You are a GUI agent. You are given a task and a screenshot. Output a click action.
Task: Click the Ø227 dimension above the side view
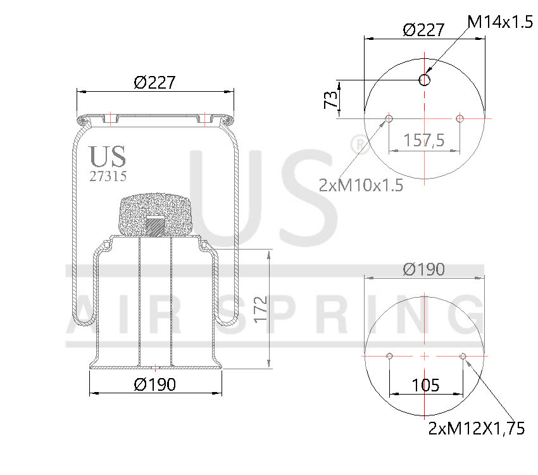click(154, 82)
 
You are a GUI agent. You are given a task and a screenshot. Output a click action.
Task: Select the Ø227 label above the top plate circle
click(423, 29)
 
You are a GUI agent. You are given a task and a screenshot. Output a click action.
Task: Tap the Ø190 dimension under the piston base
click(155, 384)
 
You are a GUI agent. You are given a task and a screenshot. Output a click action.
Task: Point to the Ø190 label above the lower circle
click(424, 269)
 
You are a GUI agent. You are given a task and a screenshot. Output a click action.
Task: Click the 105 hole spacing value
click(425, 385)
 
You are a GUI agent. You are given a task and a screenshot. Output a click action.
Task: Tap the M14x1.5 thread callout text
click(500, 22)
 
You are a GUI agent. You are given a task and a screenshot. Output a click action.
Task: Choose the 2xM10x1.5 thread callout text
click(361, 185)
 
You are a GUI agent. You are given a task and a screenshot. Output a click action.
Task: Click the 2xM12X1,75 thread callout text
click(477, 429)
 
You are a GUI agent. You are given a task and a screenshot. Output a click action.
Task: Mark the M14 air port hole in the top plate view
click(425, 80)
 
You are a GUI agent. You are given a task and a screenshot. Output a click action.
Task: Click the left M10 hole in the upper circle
click(389, 118)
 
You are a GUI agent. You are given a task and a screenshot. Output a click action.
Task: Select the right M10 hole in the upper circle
click(460, 118)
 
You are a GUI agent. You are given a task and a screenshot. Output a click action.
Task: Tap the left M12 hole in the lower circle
click(390, 356)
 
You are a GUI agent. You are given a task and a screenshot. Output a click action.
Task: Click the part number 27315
click(107, 177)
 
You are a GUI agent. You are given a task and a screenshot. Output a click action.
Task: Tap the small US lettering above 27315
click(107, 156)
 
